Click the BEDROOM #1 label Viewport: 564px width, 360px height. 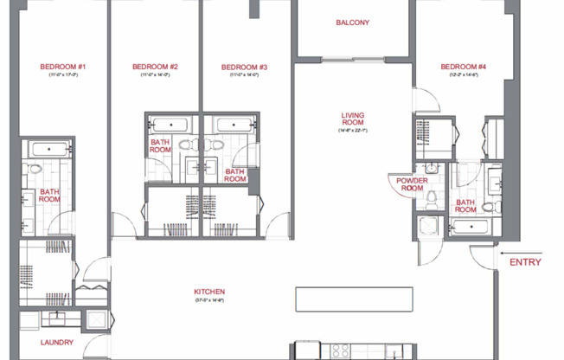63,67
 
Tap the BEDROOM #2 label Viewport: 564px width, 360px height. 156,67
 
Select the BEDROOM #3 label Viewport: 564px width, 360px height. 244,67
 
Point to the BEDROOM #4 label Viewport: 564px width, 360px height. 464,67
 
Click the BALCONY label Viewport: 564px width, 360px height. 353,22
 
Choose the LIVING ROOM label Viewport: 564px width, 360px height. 353,118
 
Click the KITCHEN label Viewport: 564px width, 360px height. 209,292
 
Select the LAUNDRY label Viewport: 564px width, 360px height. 57,343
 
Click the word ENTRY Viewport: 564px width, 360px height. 525,262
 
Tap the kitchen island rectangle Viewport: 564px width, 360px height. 349,299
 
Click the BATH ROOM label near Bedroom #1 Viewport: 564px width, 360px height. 49,196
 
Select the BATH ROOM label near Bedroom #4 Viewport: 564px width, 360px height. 465,206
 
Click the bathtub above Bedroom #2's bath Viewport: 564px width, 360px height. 172,125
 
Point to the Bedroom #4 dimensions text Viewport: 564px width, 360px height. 464,76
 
